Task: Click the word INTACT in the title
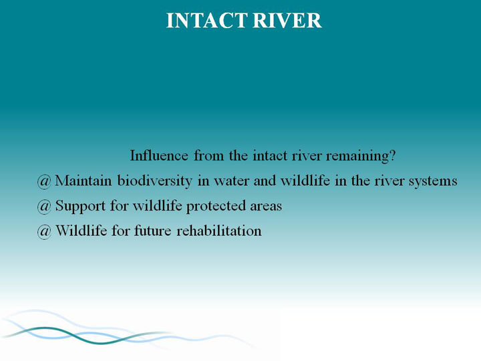coord(206,21)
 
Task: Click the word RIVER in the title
coord(287,21)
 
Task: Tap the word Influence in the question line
coord(159,155)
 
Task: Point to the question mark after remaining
coord(392,155)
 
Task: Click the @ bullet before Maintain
coord(44,181)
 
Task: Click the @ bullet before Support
coord(44,207)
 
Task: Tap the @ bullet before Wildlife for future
coord(44,231)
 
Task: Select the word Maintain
coord(83,180)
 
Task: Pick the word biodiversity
coord(154,181)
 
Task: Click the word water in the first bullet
coord(231,182)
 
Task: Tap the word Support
coord(80,207)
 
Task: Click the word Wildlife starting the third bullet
coord(81,231)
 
